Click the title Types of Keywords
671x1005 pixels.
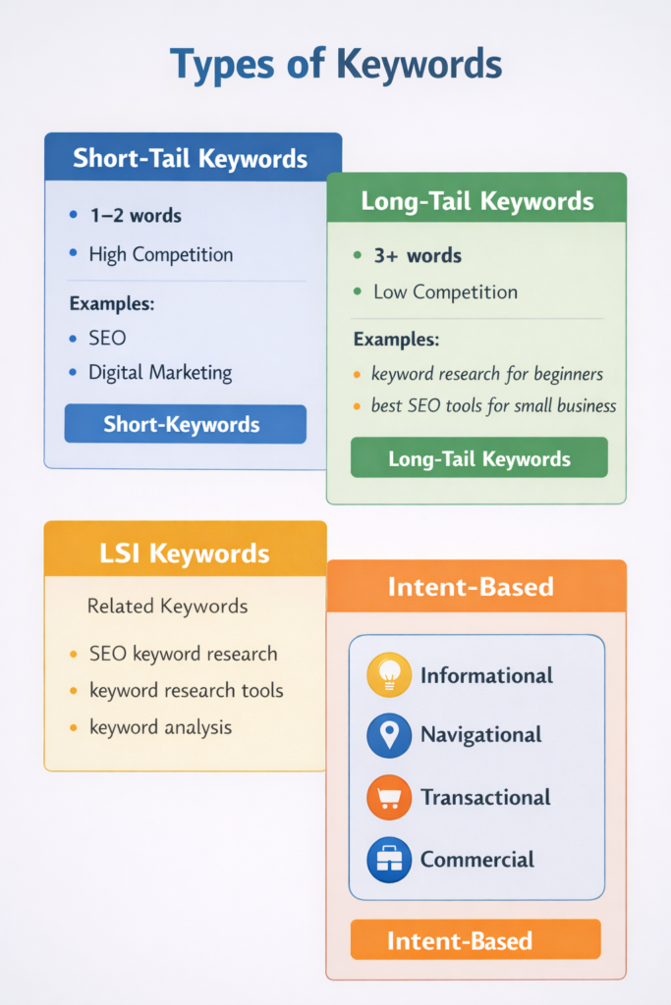click(335, 65)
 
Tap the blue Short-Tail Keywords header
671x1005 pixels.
click(191, 158)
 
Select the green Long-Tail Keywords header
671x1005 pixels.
click(477, 201)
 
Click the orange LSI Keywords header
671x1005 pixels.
click(185, 553)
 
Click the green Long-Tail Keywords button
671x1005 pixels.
click(479, 458)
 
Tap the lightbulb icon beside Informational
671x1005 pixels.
click(389, 675)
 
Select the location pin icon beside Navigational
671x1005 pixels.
click(389, 735)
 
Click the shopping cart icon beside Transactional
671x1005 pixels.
click(389, 797)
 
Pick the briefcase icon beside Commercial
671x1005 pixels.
click(389, 860)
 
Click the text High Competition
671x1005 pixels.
click(161, 254)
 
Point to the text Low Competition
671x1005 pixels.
click(445, 292)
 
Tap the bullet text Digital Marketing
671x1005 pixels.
click(160, 372)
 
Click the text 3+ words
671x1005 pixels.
click(418, 255)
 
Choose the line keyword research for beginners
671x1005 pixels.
click(487, 373)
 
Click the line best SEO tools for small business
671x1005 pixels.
click(493, 405)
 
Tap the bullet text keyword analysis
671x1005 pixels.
click(161, 727)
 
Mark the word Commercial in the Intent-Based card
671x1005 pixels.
click(477, 860)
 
